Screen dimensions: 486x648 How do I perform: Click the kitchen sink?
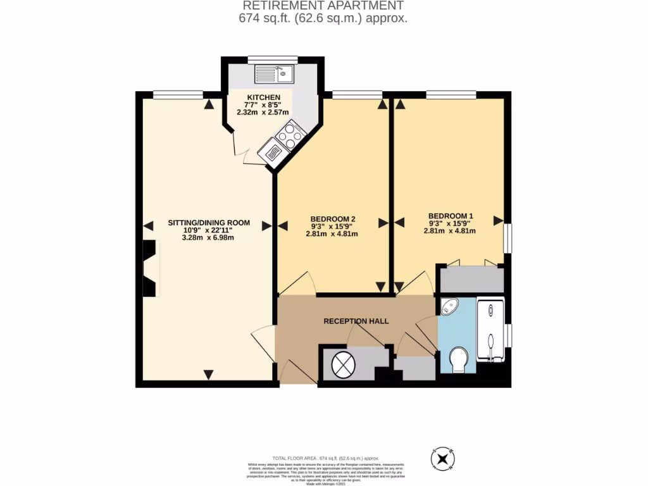point(273,75)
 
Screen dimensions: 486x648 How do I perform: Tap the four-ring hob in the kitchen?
point(290,135)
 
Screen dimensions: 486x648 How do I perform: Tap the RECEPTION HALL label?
point(356,321)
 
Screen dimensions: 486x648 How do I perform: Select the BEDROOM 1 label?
point(450,215)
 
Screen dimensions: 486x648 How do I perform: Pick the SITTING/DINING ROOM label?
point(208,223)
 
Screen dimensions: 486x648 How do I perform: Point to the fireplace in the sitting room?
point(150,268)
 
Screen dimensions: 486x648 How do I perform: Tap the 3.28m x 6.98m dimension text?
point(208,238)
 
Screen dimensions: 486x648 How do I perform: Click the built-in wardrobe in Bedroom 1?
point(472,280)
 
